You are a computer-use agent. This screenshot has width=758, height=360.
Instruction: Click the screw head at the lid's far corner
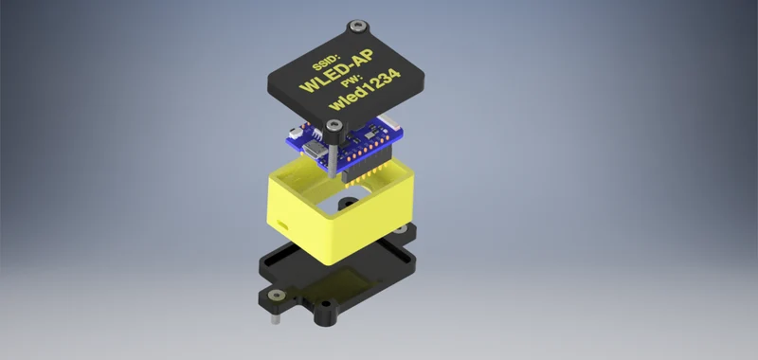(x=358, y=26)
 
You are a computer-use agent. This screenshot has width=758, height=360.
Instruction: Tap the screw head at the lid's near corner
(x=334, y=126)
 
